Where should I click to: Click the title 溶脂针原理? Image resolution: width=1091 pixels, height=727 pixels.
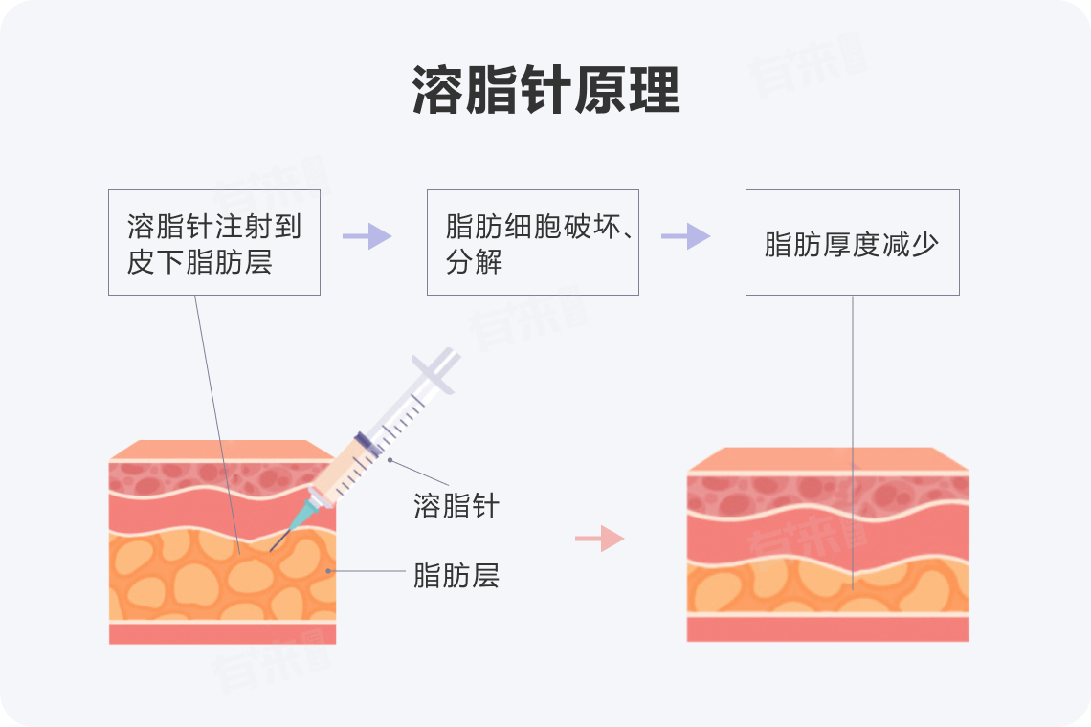coord(545,92)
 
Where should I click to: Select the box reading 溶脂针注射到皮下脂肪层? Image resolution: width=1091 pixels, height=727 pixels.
coord(213,242)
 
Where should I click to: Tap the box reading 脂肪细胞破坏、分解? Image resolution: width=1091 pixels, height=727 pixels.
coord(532,242)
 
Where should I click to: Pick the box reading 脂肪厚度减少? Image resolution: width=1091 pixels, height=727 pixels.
coord(852,242)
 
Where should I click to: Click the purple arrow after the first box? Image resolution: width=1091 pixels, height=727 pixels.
coord(367,236)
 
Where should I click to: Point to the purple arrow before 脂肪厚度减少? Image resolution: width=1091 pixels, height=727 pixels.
coord(685,236)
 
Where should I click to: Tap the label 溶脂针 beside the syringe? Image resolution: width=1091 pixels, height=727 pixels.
coord(456,505)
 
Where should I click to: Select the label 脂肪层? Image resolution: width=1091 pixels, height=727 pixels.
coord(456,576)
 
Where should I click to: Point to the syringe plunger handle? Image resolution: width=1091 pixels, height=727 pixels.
coord(434,367)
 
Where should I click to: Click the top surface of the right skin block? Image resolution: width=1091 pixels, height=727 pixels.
coord(828,460)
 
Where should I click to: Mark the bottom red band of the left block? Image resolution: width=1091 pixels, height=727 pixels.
coord(222,633)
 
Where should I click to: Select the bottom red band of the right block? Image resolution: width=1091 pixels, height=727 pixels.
coord(828,628)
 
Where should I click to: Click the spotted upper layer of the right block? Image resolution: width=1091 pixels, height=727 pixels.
coord(766,493)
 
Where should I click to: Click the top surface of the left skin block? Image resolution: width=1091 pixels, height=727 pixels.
coord(222,450)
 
